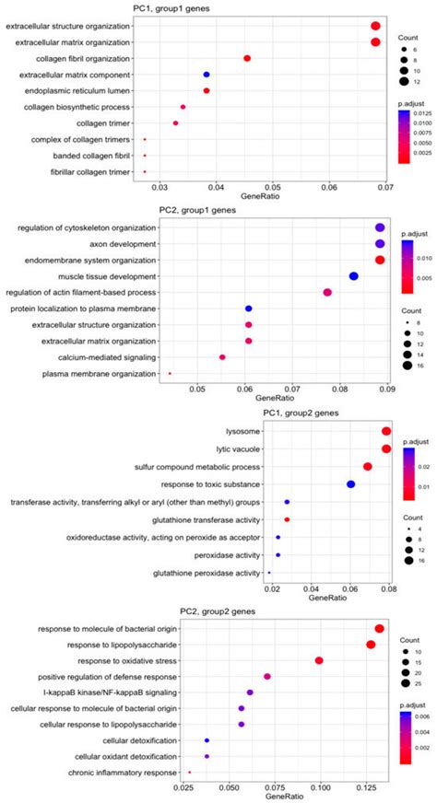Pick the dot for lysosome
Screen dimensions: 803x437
[x=386, y=431]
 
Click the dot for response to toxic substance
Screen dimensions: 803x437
[x=350, y=484]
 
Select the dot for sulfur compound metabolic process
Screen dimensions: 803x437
[x=367, y=467]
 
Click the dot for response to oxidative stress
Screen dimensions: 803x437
[x=319, y=660]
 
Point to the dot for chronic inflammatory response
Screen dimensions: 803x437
[x=190, y=773]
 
